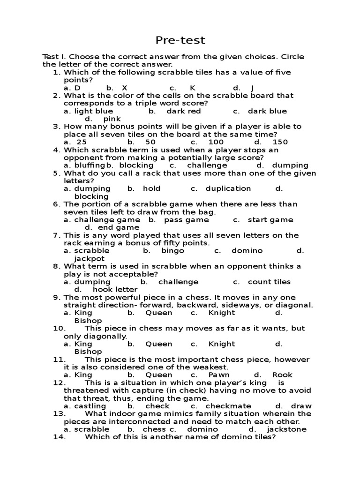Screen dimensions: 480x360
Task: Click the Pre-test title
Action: (x=180, y=40)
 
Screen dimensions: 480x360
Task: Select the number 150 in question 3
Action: (x=280, y=142)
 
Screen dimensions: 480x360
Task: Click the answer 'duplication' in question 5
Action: (x=228, y=188)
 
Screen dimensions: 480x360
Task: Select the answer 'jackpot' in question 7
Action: (x=90, y=258)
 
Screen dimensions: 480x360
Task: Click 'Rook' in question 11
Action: (x=282, y=375)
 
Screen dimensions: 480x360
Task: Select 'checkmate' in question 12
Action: (x=228, y=406)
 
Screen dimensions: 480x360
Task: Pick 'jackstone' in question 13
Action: (x=286, y=429)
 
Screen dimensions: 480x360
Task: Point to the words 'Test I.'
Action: (x=54, y=57)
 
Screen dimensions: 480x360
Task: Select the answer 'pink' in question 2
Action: (x=112, y=119)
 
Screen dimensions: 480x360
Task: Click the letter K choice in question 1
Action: (x=192, y=88)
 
